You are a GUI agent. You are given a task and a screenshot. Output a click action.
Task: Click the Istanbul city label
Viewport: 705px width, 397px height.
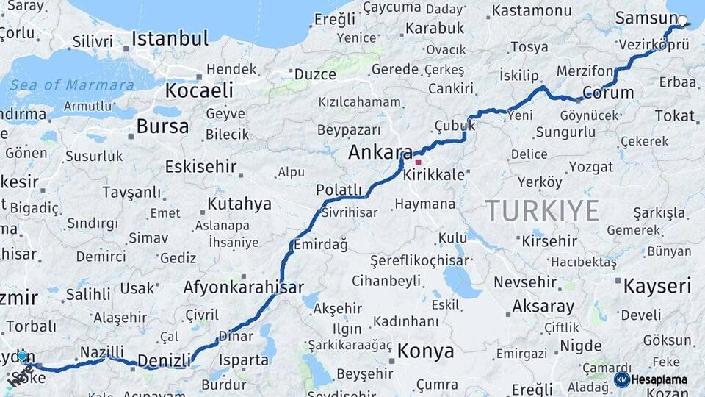pos(170,38)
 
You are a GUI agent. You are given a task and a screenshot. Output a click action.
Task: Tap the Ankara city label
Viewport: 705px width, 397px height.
pos(380,153)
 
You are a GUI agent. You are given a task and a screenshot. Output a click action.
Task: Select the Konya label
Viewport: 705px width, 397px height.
pos(425,351)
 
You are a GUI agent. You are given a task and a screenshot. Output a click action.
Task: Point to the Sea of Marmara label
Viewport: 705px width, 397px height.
pos(72,85)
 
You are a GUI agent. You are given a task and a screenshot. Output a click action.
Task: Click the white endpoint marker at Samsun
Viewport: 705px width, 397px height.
pos(682,21)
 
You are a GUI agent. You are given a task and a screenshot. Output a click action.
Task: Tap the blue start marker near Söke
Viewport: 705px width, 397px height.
pos(23,357)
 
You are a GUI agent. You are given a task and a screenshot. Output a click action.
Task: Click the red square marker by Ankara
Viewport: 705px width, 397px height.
pos(419,162)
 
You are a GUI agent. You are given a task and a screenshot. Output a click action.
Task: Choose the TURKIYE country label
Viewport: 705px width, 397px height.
pos(542,211)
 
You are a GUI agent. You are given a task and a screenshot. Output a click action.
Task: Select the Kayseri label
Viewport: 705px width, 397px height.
pos(657,286)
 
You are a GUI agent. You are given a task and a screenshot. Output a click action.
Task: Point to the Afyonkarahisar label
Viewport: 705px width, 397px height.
pos(243,287)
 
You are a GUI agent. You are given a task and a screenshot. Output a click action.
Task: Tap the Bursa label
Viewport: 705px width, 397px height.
pos(162,126)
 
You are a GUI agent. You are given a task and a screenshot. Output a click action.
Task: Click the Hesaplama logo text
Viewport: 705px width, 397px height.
pos(659,380)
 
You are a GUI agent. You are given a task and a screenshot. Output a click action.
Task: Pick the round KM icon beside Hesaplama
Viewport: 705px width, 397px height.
pos(621,380)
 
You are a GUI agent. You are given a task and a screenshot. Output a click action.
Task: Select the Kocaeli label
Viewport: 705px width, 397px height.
pos(199,90)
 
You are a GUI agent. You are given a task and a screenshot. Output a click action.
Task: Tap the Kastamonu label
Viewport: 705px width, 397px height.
pos(531,11)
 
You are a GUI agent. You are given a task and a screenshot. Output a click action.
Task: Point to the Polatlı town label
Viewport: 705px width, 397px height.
pos(339,190)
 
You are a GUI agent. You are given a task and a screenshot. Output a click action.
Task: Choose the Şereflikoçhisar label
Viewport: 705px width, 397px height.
pos(419,261)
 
